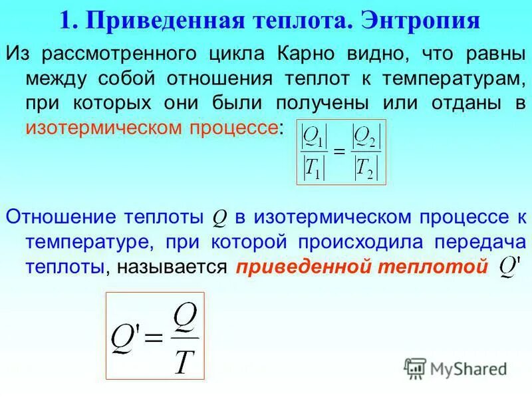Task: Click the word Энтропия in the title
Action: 421,20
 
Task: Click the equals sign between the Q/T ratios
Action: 338,154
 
